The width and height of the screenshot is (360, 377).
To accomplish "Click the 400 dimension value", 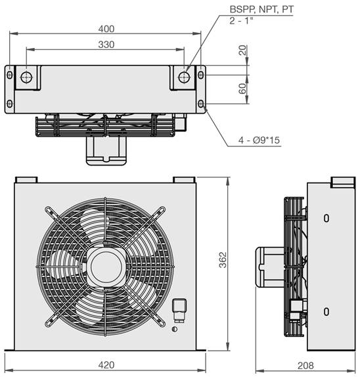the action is pyautogui.click(x=106, y=29).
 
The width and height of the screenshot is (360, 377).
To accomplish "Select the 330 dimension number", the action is pyautogui.click(x=106, y=45).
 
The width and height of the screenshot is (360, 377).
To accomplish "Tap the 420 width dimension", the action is pyautogui.click(x=106, y=365).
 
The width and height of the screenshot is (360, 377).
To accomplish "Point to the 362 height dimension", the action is pyautogui.click(x=223, y=259).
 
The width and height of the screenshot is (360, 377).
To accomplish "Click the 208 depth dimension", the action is pyautogui.click(x=305, y=365).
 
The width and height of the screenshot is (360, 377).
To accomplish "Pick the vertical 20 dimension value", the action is pyautogui.click(x=242, y=50).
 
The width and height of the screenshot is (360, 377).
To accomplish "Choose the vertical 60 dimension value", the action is pyautogui.click(x=242, y=89).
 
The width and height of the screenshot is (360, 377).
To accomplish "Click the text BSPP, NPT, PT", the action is pyautogui.click(x=261, y=9).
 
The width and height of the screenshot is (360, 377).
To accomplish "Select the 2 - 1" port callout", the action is pyautogui.click(x=241, y=20).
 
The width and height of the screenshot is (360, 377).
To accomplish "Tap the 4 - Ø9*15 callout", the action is pyautogui.click(x=259, y=140).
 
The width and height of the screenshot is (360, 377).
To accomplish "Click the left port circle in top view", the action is pyautogui.click(x=26, y=78).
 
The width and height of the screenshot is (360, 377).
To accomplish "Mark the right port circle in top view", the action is pyautogui.click(x=184, y=78).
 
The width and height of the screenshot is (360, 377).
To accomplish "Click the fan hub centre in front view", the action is pyautogui.click(x=106, y=267).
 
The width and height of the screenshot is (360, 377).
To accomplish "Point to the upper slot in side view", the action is pyautogui.click(x=326, y=218).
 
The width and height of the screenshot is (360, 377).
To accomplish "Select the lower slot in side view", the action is pyautogui.click(x=326, y=311).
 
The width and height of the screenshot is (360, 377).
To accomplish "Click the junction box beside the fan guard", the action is pyautogui.click(x=179, y=310).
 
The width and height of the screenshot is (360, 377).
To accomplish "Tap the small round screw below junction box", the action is pyautogui.click(x=175, y=329).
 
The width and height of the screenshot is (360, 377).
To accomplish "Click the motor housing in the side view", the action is pyautogui.click(x=269, y=267).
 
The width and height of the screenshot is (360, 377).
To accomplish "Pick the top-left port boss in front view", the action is pyautogui.click(x=26, y=180).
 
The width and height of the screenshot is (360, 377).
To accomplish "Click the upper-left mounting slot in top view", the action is pyautogui.click(x=10, y=75).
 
